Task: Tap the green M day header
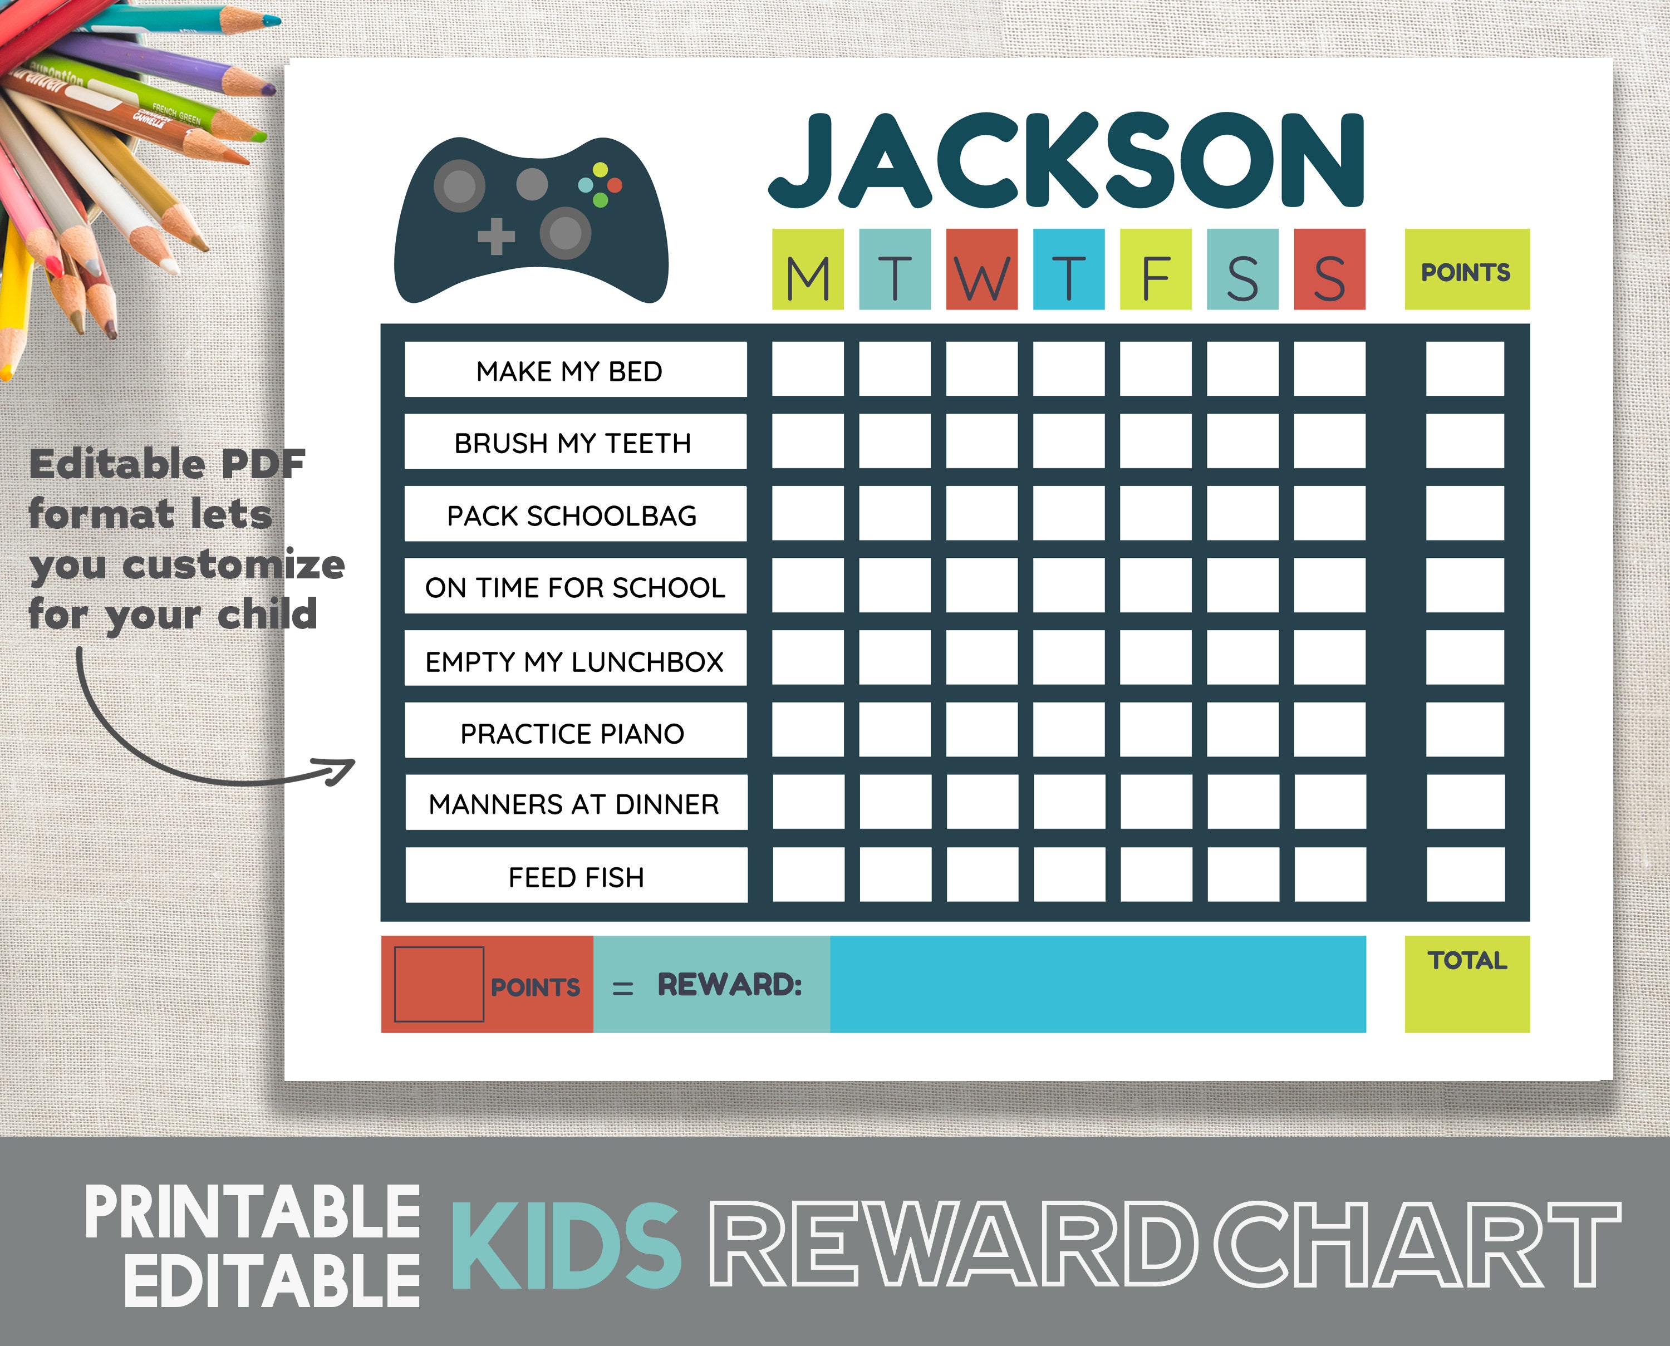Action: pyautogui.click(x=807, y=269)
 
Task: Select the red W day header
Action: pyautogui.click(x=981, y=269)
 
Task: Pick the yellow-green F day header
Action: pyautogui.click(x=1155, y=269)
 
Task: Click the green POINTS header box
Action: pyautogui.click(x=1466, y=269)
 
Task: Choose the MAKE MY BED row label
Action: pyautogui.click(x=575, y=370)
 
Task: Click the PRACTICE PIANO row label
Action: pyautogui.click(x=575, y=731)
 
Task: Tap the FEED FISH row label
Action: pyautogui.click(x=576, y=876)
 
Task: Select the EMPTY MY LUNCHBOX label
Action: pyautogui.click(x=575, y=659)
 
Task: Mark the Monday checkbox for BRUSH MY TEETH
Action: pyautogui.click(x=808, y=441)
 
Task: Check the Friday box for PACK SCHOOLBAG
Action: pyautogui.click(x=1155, y=513)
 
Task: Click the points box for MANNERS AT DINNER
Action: pyautogui.click(x=1465, y=802)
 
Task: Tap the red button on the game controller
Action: pyautogui.click(x=615, y=185)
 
